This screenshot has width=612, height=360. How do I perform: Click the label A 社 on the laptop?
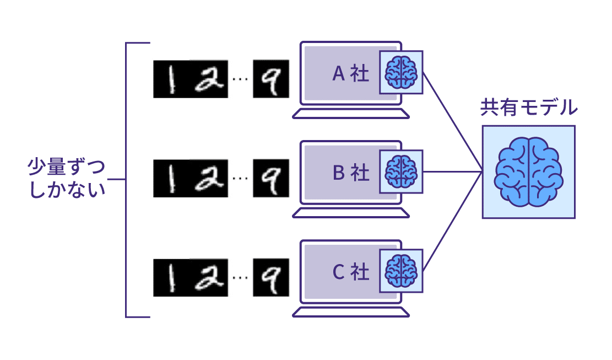pyautogui.click(x=351, y=74)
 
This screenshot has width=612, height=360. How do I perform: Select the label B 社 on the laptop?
pyautogui.click(x=351, y=173)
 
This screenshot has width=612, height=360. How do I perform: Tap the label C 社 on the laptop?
pyautogui.click(x=351, y=272)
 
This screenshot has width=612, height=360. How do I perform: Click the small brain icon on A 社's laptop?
pyautogui.click(x=401, y=73)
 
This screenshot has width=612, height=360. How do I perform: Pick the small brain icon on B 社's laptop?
pyautogui.click(x=401, y=172)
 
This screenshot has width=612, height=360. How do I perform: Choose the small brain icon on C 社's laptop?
pyautogui.click(x=401, y=271)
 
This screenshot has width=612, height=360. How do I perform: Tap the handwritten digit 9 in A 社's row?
pyautogui.click(x=271, y=79)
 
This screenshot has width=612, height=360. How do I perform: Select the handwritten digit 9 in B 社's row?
pyautogui.click(x=271, y=178)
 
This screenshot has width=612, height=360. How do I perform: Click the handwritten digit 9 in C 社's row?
pyautogui.click(x=271, y=277)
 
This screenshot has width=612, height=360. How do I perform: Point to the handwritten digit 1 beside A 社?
pyautogui.click(x=171, y=79)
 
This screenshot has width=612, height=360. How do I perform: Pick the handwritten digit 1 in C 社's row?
pyautogui.click(x=171, y=277)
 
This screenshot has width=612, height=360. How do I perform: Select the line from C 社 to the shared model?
pyautogui.click(x=452, y=221)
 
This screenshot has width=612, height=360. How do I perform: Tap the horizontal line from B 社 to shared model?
pyautogui.click(x=452, y=171)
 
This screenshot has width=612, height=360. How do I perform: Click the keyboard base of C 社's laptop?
pyautogui.click(x=351, y=312)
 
